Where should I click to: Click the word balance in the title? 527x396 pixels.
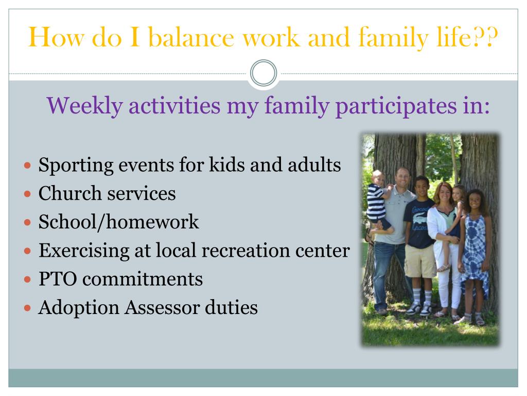coord(191,37)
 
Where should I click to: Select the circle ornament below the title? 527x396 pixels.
coord(263,73)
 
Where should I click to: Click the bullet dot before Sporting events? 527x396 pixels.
coord(28,166)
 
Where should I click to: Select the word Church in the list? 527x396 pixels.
coord(70,193)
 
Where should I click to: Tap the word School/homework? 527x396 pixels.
coord(119,222)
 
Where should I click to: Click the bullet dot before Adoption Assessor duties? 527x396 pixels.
coord(28,308)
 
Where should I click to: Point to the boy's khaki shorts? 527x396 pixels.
coord(420,261)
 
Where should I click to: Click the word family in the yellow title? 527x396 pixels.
coord(393,38)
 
